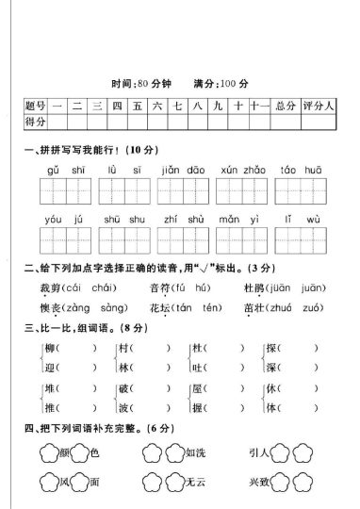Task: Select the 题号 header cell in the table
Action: (36, 105)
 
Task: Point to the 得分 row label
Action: (36, 121)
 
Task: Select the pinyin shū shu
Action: (118, 219)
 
